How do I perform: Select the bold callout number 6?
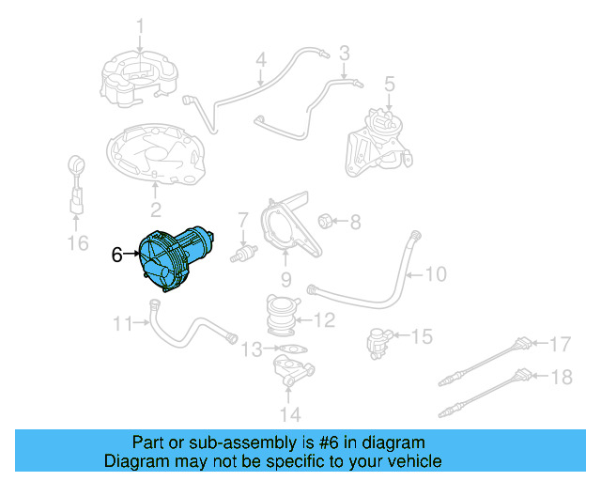[117, 254]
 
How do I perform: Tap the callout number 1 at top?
[139, 24]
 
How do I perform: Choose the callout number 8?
[354, 223]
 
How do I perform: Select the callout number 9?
[286, 279]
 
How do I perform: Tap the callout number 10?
[436, 275]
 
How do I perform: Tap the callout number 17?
[560, 343]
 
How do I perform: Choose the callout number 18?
[560, 377]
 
